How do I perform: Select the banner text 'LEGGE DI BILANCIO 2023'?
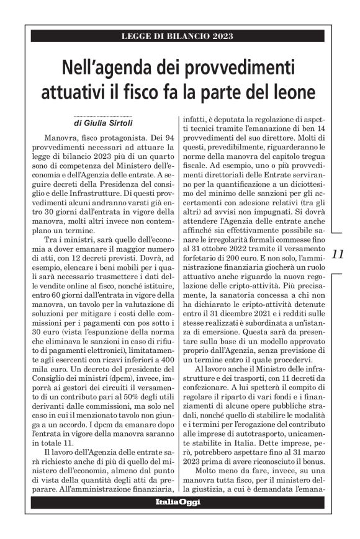(x=178, y=37)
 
